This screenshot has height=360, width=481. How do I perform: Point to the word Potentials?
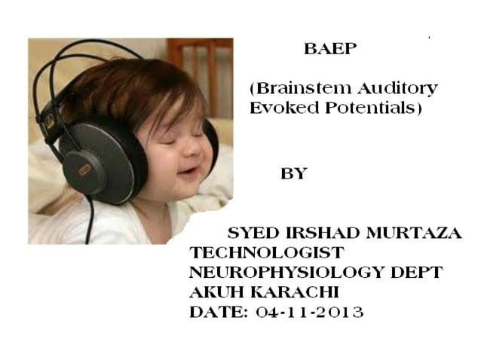369,108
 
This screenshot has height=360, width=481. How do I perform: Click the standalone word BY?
293,173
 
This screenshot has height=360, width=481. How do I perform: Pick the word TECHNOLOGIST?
267,253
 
